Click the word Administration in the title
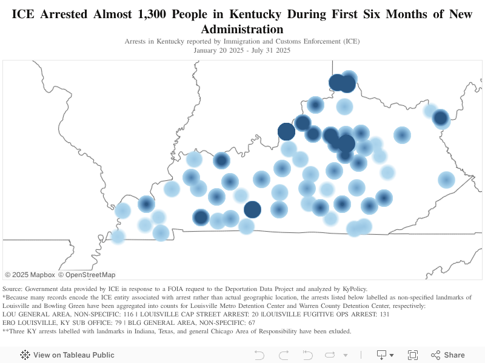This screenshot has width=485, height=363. click(x=242, y=29)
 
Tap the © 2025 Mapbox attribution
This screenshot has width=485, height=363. click(x=30, y=275)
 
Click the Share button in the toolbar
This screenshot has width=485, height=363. click(x=448, y=355)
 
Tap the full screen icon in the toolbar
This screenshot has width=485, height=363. click(x=413, y=355)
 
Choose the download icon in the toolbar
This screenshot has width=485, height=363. click(x=382, y=355)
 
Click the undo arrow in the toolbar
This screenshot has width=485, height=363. click(x=259, y=355)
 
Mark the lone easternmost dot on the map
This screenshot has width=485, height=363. click(x=446, y=180)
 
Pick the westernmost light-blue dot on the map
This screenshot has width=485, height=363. click(x=118, y=237)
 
